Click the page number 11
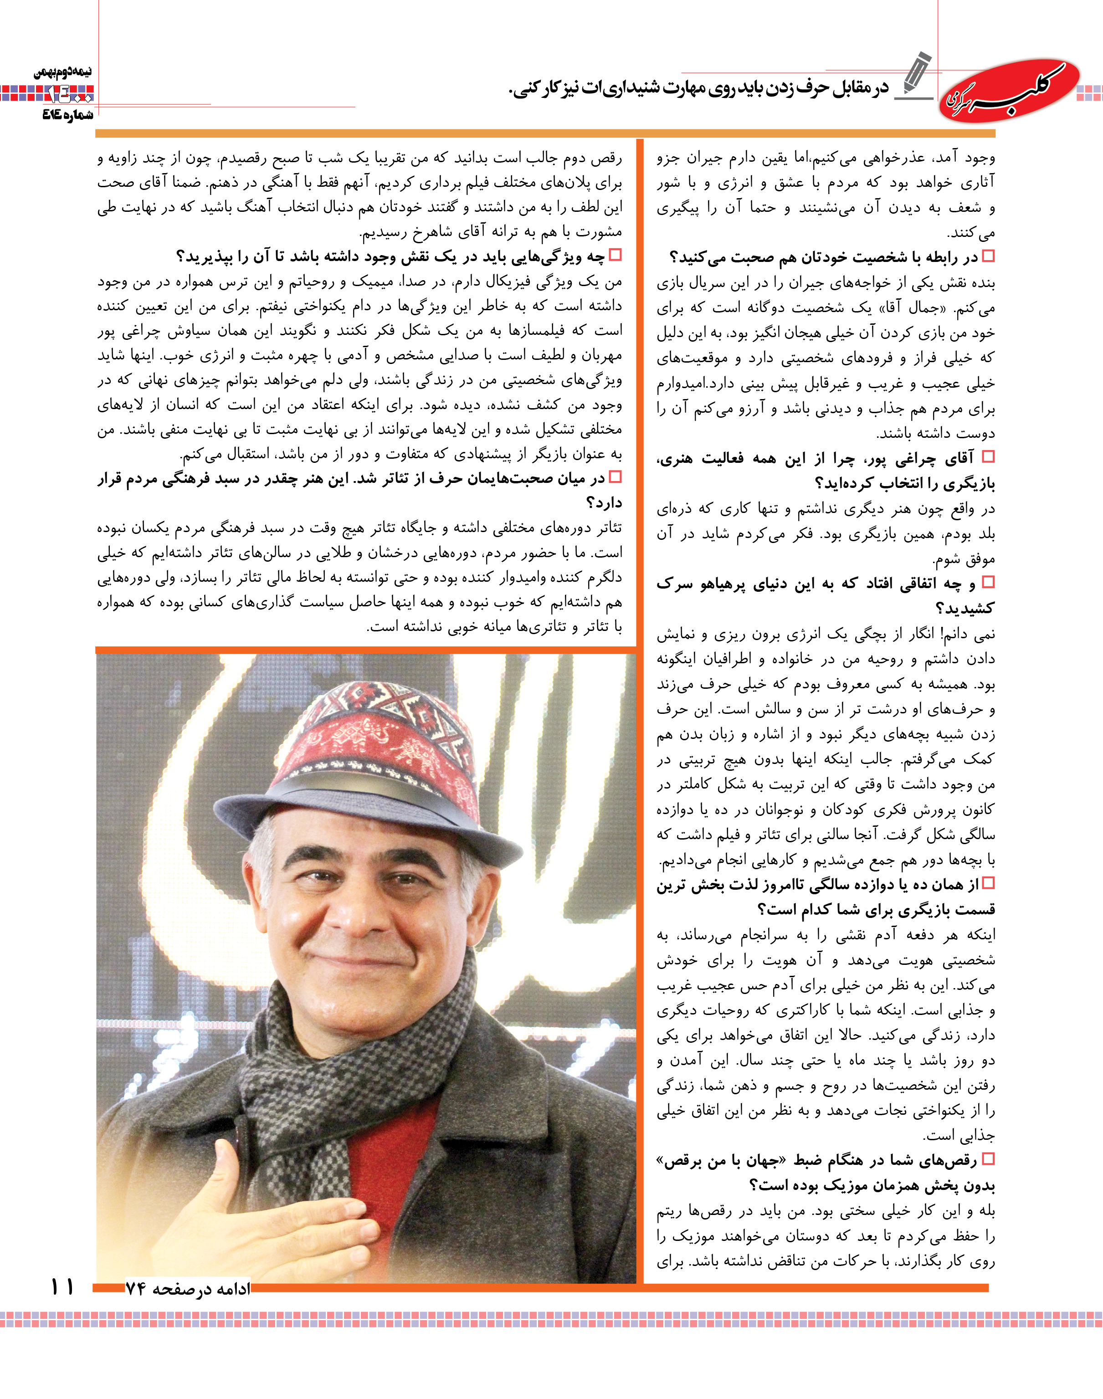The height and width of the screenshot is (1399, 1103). tap(62, 1286)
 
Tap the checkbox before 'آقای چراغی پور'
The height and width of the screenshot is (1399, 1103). tap(987, 457)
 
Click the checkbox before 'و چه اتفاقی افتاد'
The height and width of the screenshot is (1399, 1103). tap(987, 582)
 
